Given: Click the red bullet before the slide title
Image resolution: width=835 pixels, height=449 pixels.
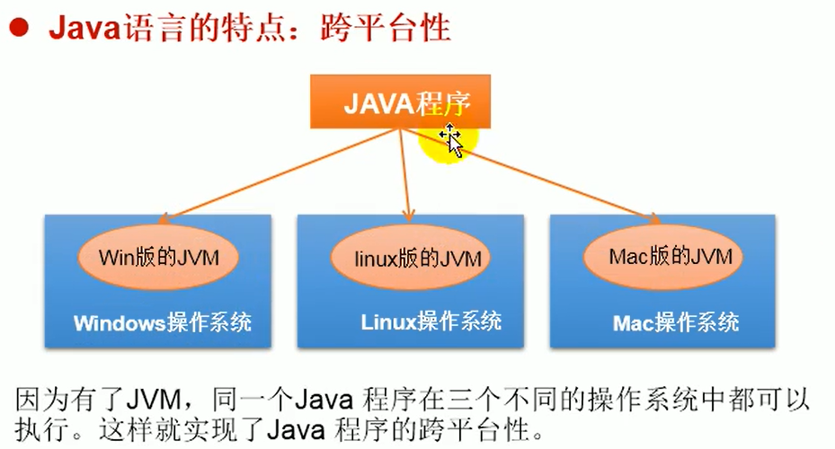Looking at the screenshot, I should [17, 29].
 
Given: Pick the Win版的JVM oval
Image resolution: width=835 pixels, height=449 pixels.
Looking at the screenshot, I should [157, 257].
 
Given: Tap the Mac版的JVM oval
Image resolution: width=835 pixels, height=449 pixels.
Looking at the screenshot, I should [658, 257].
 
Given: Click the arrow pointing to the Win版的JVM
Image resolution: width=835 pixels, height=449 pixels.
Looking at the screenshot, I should [279, 174].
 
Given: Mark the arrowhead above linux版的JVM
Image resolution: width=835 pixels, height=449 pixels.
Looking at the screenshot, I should [407, 215].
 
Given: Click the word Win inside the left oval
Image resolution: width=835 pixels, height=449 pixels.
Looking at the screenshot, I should [114, 257].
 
